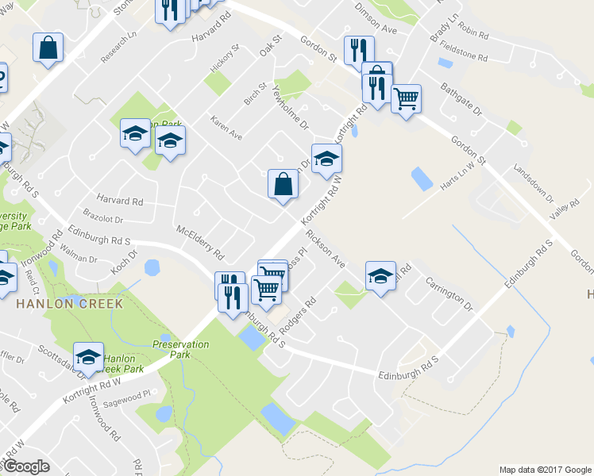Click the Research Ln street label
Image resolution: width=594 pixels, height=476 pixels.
pos(119,48)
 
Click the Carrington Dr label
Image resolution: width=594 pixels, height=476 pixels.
pos(449,294)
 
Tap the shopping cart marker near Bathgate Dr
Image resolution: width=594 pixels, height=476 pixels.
pos(406,99)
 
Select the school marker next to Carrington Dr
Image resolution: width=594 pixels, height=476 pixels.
pos(380,276)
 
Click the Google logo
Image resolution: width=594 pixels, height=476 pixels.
pos(27,466)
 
